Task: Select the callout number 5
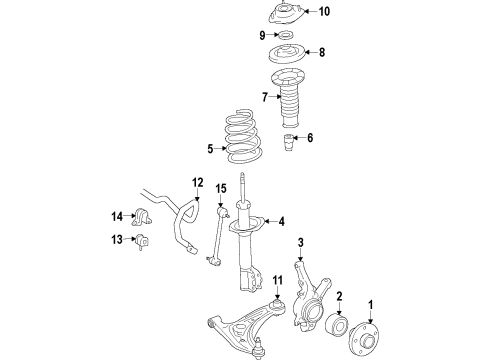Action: [209, 150]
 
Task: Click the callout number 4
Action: [282, 222]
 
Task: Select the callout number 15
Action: [222, 186]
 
